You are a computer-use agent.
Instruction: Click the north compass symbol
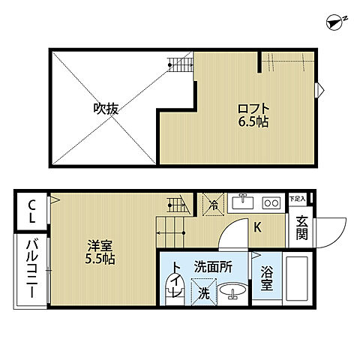coord(335,22)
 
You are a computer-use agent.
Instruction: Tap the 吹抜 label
coord(106,108)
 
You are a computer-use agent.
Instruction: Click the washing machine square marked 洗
coord(201,289)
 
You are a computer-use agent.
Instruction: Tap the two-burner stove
coord(271,202)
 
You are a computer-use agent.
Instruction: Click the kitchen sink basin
coord(242,202)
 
